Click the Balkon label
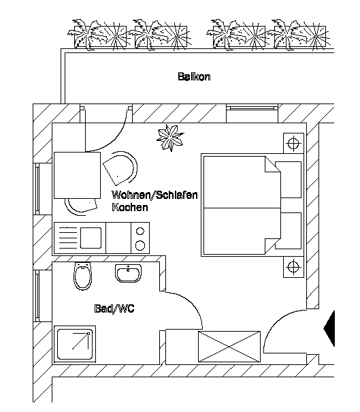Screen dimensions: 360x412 [x=194, y=77]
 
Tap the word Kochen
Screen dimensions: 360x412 [x=130, y=207]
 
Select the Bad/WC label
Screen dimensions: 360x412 [x=114, y=308]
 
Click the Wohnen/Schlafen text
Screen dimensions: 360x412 [x=154, y=195]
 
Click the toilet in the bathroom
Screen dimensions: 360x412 [x=83, y=276]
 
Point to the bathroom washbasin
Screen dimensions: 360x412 [x=128, y=273]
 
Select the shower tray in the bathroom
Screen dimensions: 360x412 [x=75, y=344]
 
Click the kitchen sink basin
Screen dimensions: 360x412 [x=91, y=238]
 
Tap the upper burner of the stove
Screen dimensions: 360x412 [x=140, y=232]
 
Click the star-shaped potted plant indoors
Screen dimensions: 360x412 [x=170, y=138]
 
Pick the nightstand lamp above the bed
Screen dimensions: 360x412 [x=293, y=144]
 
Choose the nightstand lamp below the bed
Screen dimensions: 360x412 [x=293, y=267]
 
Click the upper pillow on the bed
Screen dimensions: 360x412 [x=288, y=180]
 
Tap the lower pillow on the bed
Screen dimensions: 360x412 [x=288, y=231]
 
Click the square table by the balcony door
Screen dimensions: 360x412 [x=77, y=175]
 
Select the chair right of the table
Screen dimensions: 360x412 [x=120, y=168]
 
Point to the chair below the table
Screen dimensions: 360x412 [x=81, y=206]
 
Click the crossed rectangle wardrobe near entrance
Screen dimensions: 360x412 [x=229, y=347]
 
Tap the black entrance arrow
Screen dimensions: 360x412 [x=329, y=328]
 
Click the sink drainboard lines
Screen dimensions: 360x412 [x=67, y=238]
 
